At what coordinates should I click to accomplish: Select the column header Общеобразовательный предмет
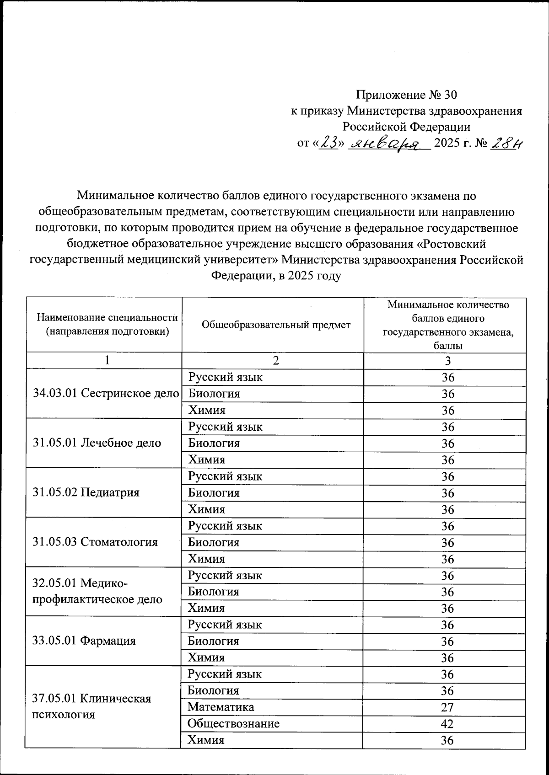[x=276, y=325]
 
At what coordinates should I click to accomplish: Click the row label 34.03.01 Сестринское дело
[x=106, y=393]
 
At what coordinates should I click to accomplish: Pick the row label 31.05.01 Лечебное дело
[x=97, y=443]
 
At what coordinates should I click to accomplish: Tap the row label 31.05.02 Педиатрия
[x=86, y=492]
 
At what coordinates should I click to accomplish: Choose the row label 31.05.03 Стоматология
[x=95, y=542]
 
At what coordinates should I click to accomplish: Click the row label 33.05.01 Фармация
[x=84, y=641]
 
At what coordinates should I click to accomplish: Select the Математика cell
[x=221, y=707]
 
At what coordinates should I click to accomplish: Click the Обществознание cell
[x=233, y=723]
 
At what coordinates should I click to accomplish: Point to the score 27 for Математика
[x=447, y=707]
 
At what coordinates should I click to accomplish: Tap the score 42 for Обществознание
[x=447, y=724]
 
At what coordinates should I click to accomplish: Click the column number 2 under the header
[x=276, y=361]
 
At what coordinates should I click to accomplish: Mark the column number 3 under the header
[x=447, y=361]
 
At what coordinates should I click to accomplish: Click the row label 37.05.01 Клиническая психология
[x=91, y=706]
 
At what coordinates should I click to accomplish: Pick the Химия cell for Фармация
[x=206, y=657]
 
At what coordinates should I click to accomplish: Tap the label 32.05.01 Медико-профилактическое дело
[x=97, y=591]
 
